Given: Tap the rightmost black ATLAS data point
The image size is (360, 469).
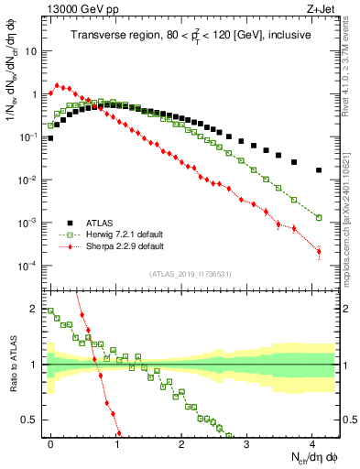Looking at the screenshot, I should (319, 170).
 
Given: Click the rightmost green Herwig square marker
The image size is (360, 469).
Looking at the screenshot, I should (319, 218).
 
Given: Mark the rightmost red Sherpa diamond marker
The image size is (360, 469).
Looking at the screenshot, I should (319, 252).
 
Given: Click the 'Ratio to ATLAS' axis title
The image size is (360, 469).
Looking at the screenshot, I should (13, 366).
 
